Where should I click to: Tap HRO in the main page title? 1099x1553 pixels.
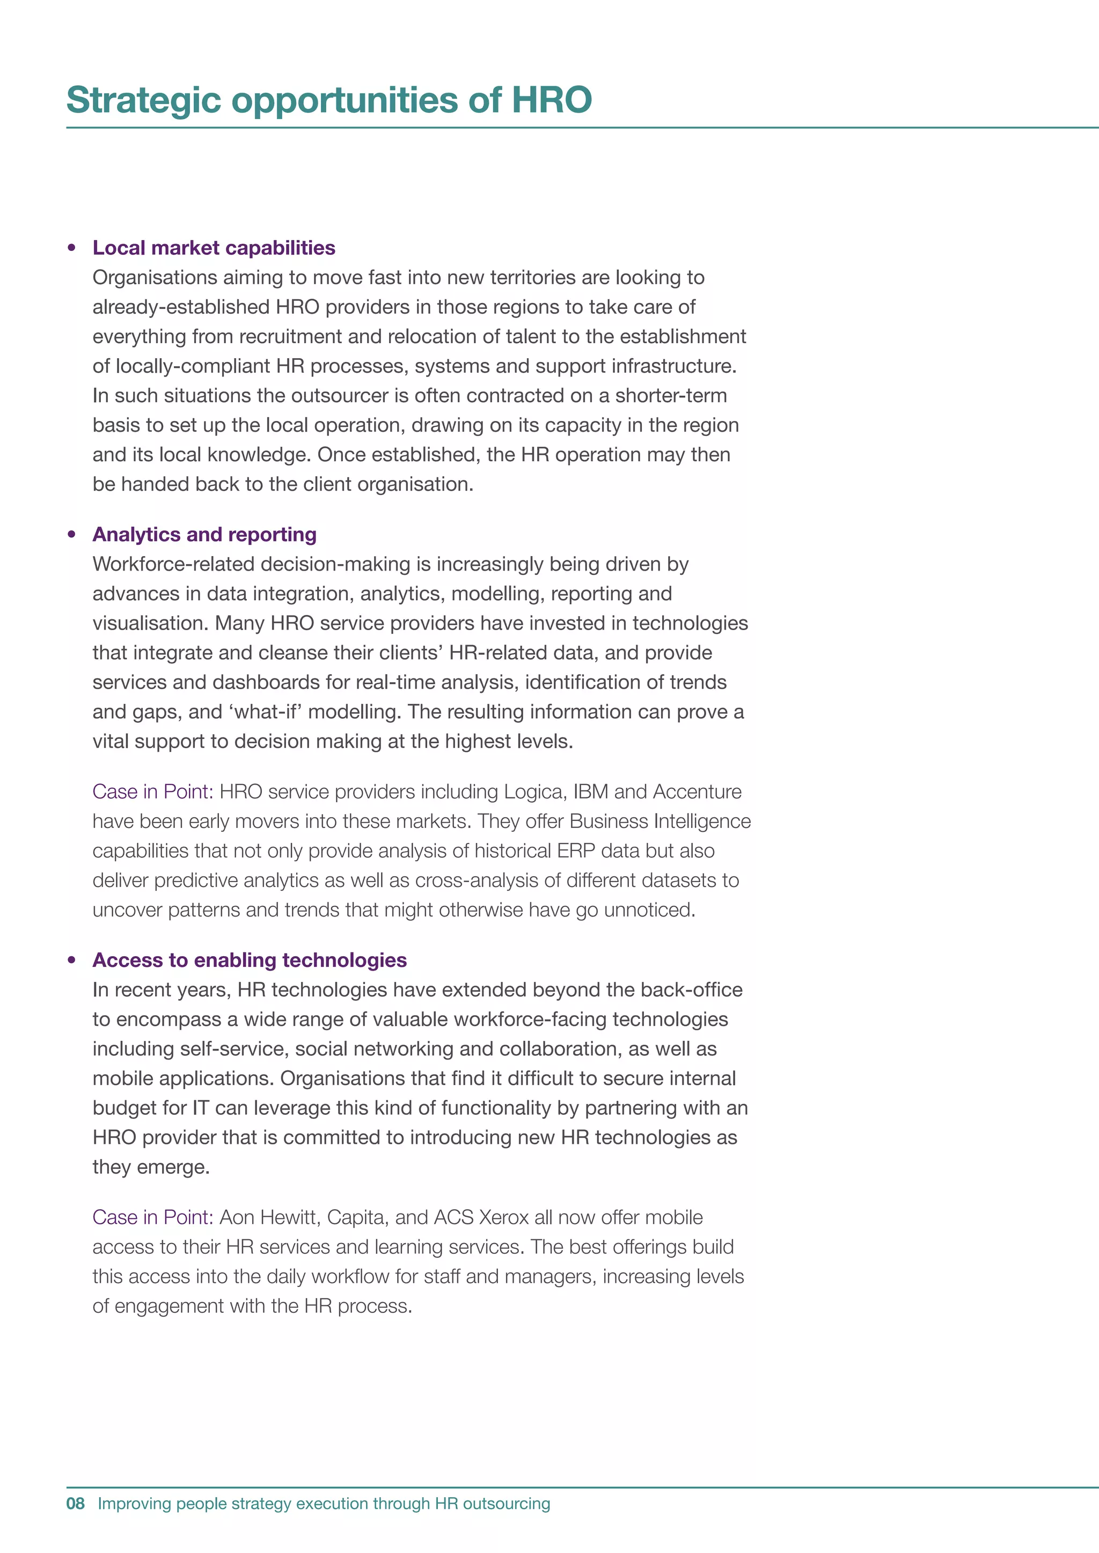(552, 100)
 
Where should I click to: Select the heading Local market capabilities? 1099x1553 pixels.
(214, 248)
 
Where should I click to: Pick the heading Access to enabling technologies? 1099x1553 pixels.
(250, 960)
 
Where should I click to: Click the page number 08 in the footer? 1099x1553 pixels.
(75, 1503)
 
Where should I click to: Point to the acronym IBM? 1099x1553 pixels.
(590, 792)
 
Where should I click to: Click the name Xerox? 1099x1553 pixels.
(503, 1217)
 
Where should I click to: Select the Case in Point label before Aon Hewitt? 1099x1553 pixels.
(153, 1217)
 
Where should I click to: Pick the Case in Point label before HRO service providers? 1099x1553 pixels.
(153, 792)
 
